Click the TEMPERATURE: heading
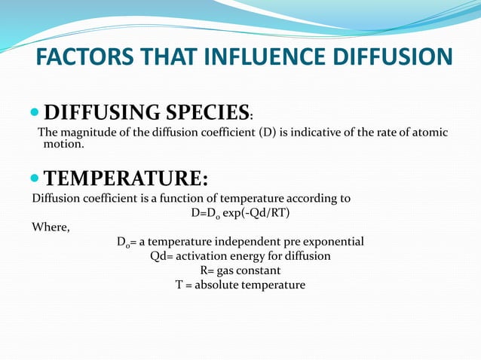[126, 179]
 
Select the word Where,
[51, 227]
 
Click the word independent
[251, 242]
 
